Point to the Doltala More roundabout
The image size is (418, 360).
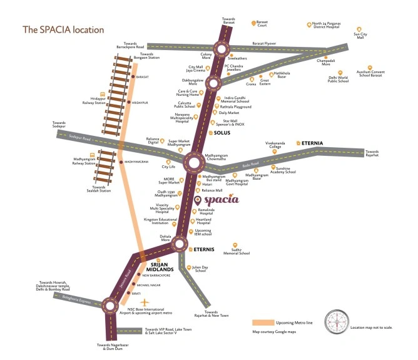pos(181,244)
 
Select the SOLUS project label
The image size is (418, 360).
pos(222,133)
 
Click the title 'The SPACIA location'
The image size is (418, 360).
pos(63,29)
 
